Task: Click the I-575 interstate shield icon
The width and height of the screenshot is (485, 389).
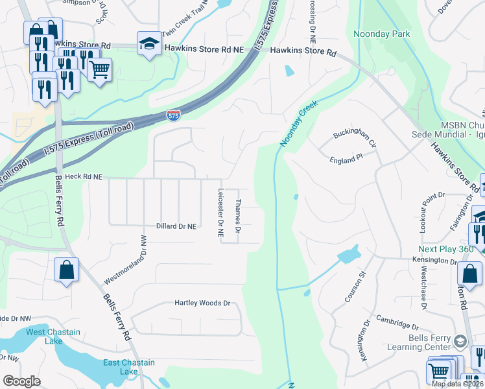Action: [173, 116]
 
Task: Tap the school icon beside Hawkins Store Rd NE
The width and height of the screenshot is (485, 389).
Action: [149, 44]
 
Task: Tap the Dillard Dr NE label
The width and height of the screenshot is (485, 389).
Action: [176, 226]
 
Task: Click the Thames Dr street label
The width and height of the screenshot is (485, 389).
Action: [238, 217]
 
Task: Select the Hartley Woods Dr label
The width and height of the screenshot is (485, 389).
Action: [202, 303]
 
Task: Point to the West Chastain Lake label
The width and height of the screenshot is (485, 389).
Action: [53, 336]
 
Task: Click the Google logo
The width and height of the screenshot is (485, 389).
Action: [22, 381]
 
